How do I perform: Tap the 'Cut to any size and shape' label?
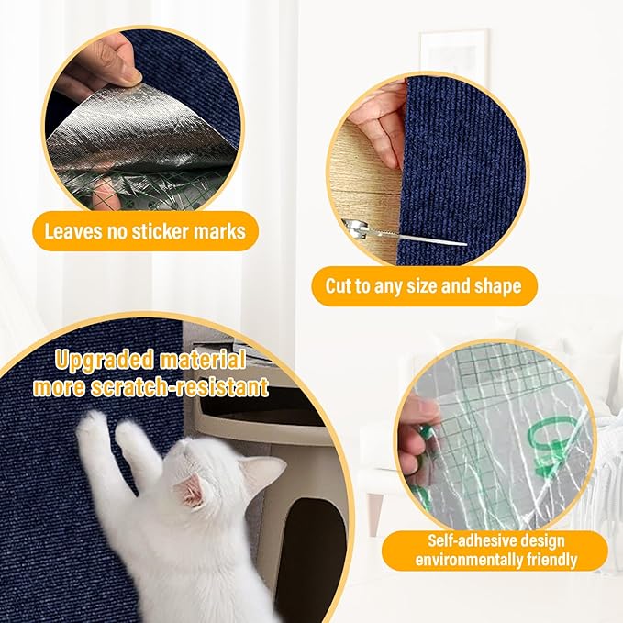[423, 286]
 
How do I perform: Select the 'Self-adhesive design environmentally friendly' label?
[495, 551]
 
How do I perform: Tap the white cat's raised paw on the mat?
[93, 428]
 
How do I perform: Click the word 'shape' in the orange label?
[496, 286]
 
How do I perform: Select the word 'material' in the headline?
[199, 359]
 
